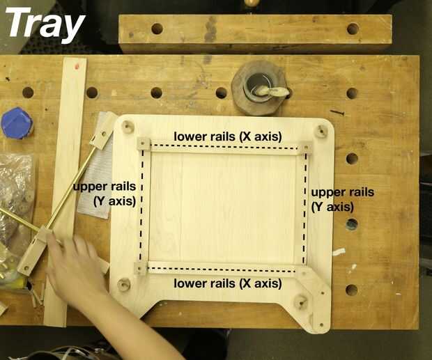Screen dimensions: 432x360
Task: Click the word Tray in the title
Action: [x=45, y=22]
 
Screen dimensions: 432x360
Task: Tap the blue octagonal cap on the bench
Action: [x=17, y=123]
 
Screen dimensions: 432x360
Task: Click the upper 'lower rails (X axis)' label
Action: [x=228, y=136]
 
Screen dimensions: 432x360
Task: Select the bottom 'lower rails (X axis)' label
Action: [x=228, y=283]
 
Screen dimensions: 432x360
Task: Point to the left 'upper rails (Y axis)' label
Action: [x=105, y=194]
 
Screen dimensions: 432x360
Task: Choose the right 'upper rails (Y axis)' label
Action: [x=342, y=199]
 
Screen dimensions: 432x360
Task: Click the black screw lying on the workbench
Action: [x=337, y=112]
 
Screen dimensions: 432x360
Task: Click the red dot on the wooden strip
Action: [x=77, y=66]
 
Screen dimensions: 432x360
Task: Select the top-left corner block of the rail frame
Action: [x=144, y=143]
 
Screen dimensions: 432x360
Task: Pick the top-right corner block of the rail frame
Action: [x=306, y=148]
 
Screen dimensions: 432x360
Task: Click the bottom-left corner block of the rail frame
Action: [x=141, y=268]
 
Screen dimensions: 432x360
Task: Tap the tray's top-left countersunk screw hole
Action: [x=128, y=127]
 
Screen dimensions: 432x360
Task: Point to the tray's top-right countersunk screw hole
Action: [x=321, y=131]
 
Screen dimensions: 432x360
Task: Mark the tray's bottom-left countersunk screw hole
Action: [x=124, y=285]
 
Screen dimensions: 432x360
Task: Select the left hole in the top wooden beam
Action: [x=157, y=29]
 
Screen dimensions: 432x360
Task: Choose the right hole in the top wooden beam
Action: [x=353, y=29]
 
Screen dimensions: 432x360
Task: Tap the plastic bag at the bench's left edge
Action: [x=15, y=193]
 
